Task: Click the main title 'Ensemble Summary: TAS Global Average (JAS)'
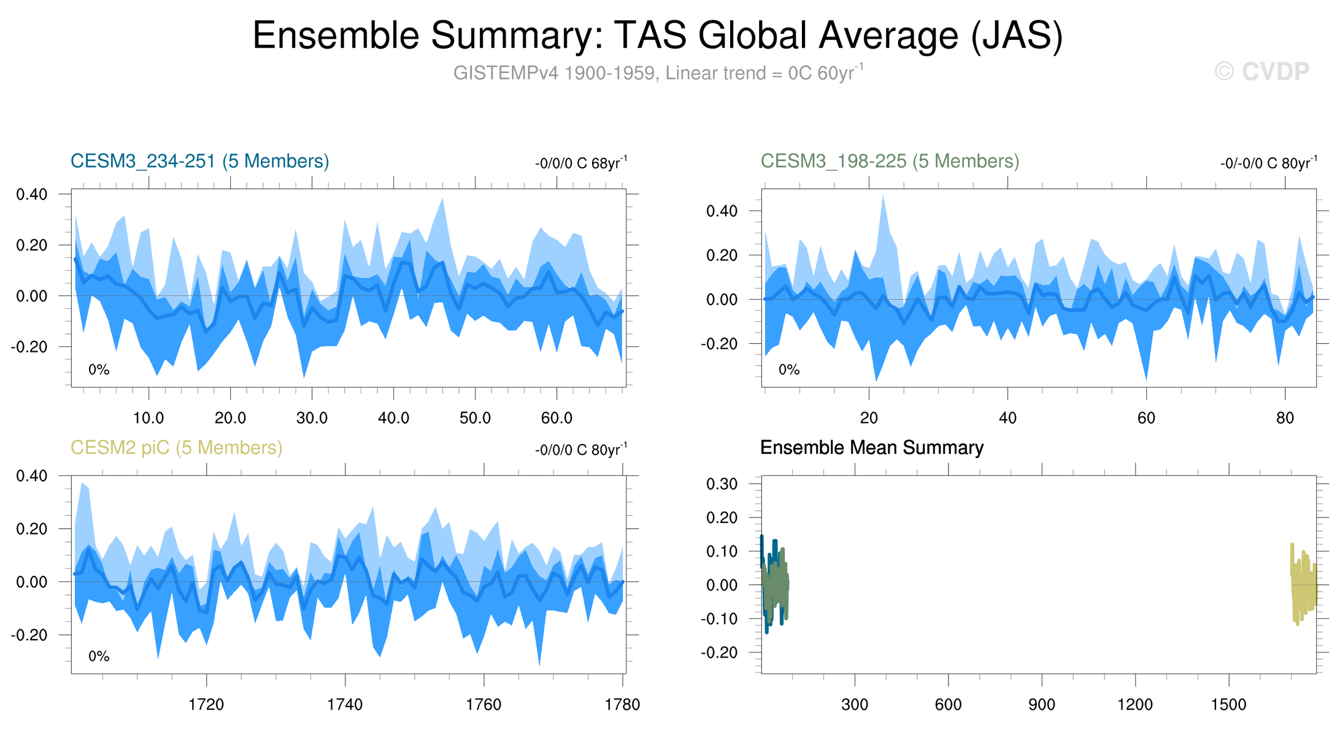pos(658,35)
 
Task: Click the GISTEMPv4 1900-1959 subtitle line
pos(658,72)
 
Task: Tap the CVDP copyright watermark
pos(1262,72)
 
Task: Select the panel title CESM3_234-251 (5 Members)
pos(200,161)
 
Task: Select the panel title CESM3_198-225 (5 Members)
pos(890,161)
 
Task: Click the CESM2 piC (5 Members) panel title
pos(177,448)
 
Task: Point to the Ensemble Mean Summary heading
pos(872,448)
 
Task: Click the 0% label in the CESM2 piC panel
pos(99,656)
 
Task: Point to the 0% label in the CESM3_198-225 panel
pos(789,370)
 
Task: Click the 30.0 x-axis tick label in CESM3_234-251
pos(312,418)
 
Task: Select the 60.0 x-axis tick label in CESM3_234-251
pos(556,418)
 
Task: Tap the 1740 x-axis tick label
pos(345,704)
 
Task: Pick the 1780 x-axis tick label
pos(623,704)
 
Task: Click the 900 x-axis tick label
pos(1042,704)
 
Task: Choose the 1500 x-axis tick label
pos(1228,704)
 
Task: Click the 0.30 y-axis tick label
pos(722,484)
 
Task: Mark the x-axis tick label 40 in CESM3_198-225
pos(1007,418)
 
